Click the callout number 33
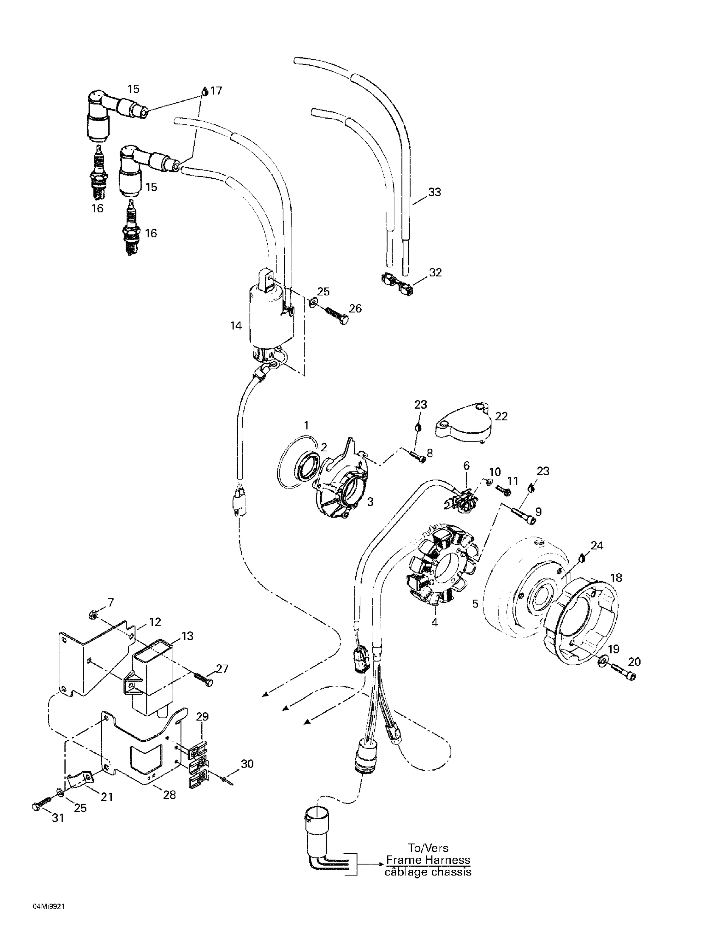(x=435, y=193)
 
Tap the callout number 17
(x=217, y=91)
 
